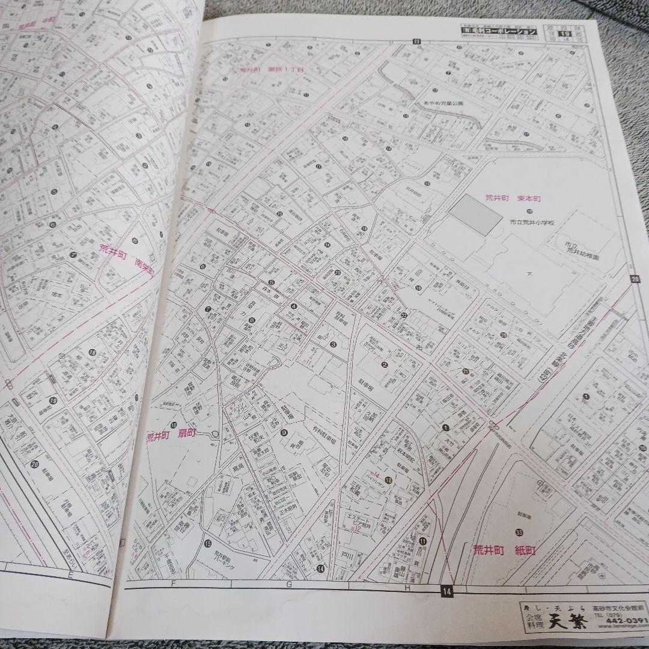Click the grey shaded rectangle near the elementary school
pyautogui.click(x=475, y=215)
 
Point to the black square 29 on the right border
pyautogui.click(x=635, y=278)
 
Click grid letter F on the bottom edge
pyautogui.click(x=172, y=583)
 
